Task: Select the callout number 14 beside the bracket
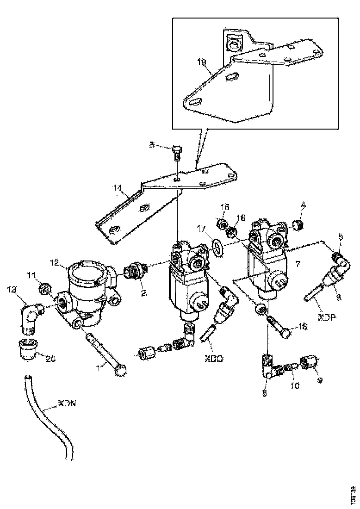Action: [117, 189]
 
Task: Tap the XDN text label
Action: [67, 403]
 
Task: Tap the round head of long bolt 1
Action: [121, 370]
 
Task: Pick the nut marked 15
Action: [223, 224]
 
